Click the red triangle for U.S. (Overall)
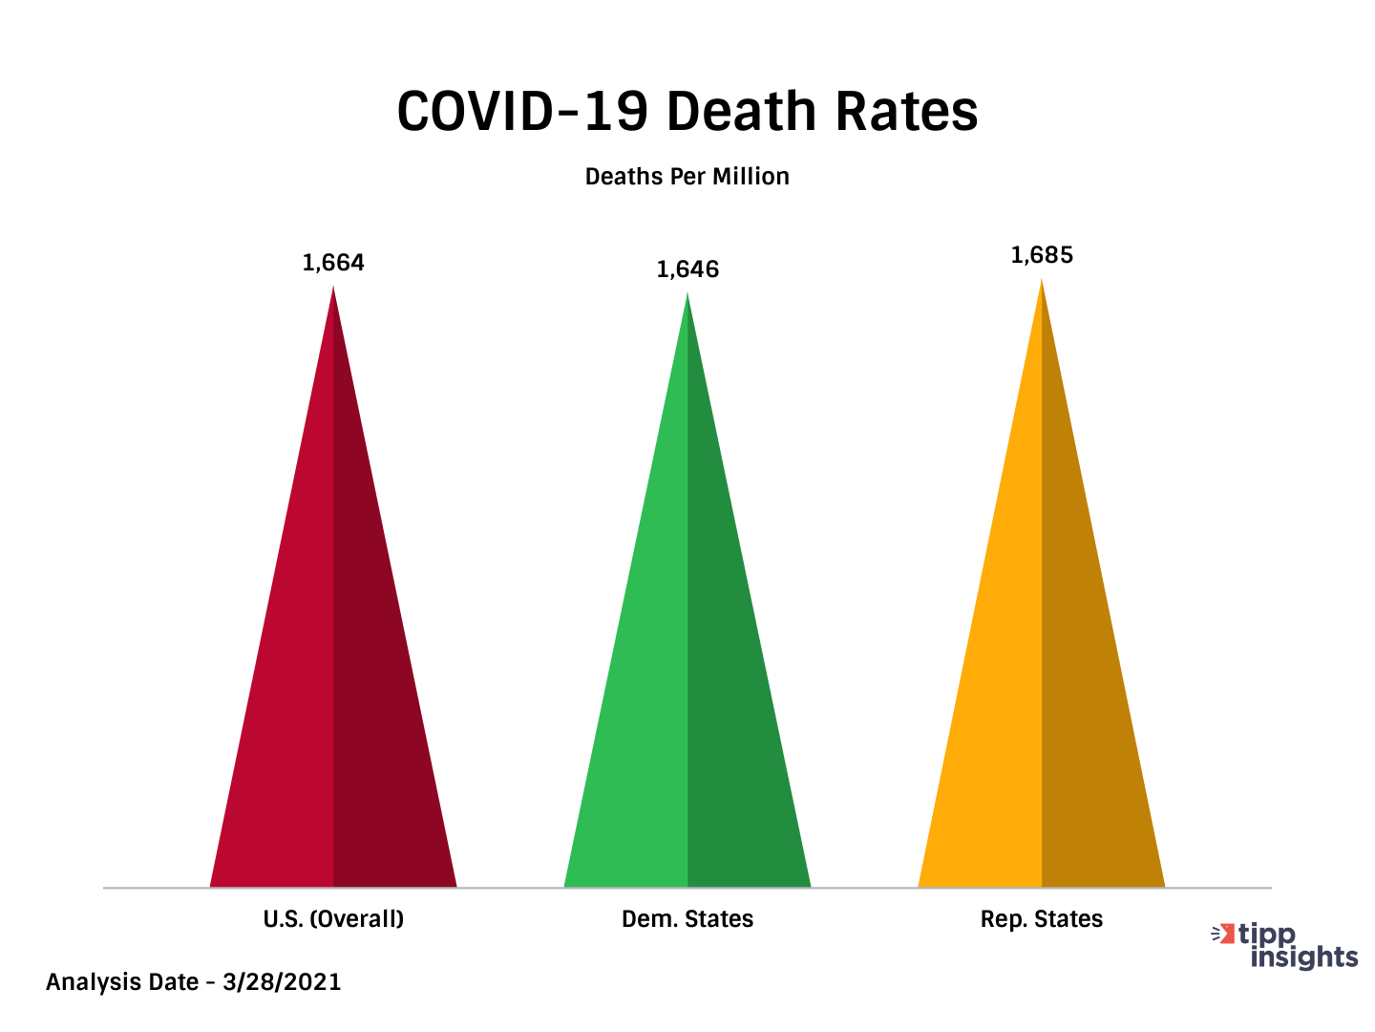(333, 669)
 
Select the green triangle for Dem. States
(687, 669)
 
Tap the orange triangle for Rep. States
(1042, 669)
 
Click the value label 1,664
(333, 263)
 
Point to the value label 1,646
(687, 269)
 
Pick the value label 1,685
(1042, 255)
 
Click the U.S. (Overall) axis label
(333, 919)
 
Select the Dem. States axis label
(687, 919)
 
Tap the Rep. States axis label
(1042, 919)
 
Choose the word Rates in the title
(906, 112)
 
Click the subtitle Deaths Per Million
(687, 177)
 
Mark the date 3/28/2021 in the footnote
(282, 982)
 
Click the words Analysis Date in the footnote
(122, 982)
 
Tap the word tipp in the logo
(1267, 935)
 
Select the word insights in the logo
(1304, 957)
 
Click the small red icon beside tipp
(1223, 934)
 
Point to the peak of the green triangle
(687, 294)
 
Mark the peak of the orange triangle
(1042, 280)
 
